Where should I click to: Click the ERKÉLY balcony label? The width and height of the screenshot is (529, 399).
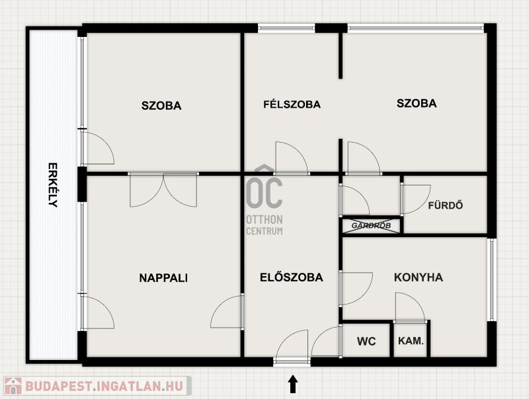[53, 185]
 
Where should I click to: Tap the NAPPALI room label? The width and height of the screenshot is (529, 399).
[163, 278]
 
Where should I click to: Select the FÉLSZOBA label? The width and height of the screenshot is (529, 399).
[292, 104]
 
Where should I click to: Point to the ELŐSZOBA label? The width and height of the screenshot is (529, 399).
[292, 277]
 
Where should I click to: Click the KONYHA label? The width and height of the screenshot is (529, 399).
[419, 277]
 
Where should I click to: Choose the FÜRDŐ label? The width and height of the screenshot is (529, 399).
[445, 205]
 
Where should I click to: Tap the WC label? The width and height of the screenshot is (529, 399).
[366, 342]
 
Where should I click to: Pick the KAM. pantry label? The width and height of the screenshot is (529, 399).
[411, 341]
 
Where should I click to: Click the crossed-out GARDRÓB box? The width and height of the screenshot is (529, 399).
[371, 226]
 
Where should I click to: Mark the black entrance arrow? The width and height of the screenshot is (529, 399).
[293, 384]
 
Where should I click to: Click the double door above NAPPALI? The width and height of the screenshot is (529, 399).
[163, 190]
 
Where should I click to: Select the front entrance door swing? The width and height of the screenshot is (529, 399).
[292, 347]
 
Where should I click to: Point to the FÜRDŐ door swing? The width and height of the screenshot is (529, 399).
[416, 199]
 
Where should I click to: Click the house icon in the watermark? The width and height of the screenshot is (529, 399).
[13, 386]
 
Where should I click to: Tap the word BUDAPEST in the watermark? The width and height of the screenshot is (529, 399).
[58, 386]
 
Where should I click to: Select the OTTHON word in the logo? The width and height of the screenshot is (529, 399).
[264, 220]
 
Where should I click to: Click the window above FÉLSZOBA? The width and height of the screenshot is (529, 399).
[286, 28]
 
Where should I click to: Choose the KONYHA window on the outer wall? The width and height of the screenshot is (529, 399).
[491, 279]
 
